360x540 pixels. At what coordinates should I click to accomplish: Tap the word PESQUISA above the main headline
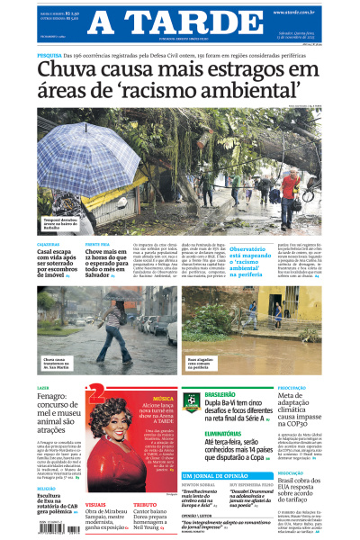[x=50, y=55]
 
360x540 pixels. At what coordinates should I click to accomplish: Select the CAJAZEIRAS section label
[x=49, y=244]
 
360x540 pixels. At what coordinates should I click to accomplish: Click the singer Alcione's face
[x=120, y=428]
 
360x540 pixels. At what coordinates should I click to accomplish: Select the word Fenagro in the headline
[x=53, y=397]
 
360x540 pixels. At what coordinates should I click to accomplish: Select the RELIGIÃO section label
[x=49, y=489]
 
